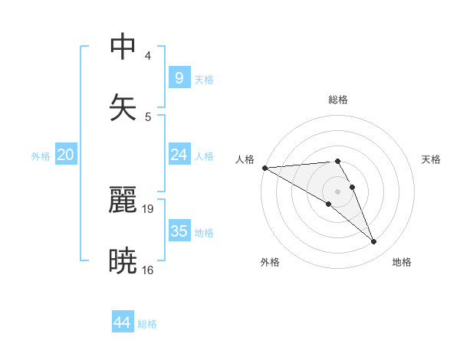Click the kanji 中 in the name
pos(123,46)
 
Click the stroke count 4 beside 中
pos(147,56)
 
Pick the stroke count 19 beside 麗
pos(149,208)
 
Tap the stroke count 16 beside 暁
pos(149,270)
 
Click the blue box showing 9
pos(179,77)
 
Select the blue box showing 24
pos(179,155)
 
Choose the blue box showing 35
pos(179,231)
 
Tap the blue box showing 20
pos(66,155)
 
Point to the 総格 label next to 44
pos(147,324)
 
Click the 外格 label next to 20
pos(41,156)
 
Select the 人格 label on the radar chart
pos(245,159)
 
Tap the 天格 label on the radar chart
pos(432,159)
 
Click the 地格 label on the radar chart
pos(402,263)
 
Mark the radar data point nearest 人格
pos(264,168)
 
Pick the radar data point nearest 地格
pos(374,242)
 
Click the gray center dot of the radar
pos(337,191)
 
